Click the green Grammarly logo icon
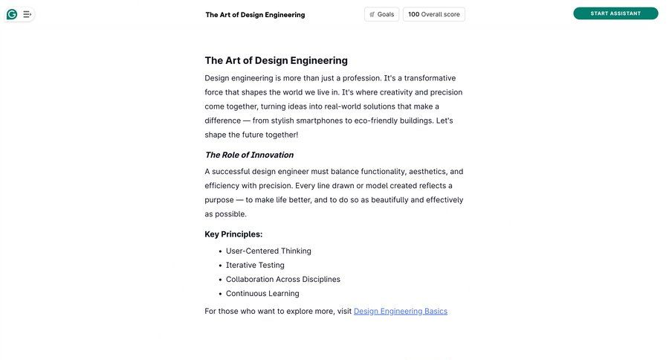pyautogui.click(x=12, y=14)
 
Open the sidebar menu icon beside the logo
pyautogui.click(x=28, y=14)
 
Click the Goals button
pyautogui.click(x=381, y=14)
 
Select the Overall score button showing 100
pyautogui.click(x=434, y=14)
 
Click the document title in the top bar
pyautogui.click(x=255, y=15)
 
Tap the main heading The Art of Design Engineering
pyautogui.click(x=276, y=60)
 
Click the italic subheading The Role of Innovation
pyautogui.click(x=249, y=155)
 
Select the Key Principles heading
pyautogui.click(x=233, y=234)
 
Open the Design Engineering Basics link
pyautogui.click(x=401, y=311)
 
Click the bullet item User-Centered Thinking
pyautogui.click(x=268, y=251)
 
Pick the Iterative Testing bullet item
pyautogui.click(x=255, y=265)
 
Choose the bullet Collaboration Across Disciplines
pyautogui.click(x=283, y=279)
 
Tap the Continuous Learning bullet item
pyautogui.click(x=262, y=293)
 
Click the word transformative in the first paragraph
pyautogui.click(x=430, y=78)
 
